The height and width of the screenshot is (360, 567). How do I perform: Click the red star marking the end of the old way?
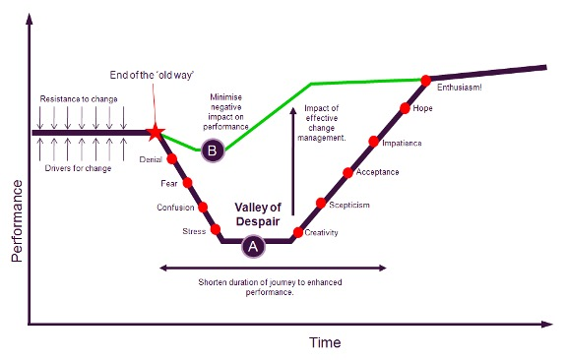point(156,132)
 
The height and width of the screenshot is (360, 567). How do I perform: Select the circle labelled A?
point(253,246)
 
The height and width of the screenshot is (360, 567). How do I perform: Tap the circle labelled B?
point(213,150)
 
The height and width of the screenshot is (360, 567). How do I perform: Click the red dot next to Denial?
point(171,159)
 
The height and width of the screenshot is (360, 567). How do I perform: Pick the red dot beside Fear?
point(187,183)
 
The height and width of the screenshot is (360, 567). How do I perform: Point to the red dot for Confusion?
point(203,208)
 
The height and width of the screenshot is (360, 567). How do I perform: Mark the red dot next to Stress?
point(216,229)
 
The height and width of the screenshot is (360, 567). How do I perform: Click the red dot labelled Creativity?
point(298,232)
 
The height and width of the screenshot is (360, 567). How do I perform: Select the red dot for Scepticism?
point(321,204)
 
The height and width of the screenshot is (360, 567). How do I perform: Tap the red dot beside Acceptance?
point(347,173)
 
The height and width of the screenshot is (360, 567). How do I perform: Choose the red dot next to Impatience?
point(374,142)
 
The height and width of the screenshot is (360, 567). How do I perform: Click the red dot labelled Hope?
point(405,108)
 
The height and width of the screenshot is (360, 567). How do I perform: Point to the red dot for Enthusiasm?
point(426,81)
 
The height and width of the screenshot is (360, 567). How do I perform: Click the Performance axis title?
point(17,221)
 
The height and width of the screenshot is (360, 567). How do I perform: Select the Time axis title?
point(325,342)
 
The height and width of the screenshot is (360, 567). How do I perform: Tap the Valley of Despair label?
point(258,214)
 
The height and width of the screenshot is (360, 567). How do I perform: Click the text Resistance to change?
point(79,99)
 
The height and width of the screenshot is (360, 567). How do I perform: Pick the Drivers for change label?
point(78,168)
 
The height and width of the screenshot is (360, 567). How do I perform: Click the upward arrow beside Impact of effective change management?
point(293,160)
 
